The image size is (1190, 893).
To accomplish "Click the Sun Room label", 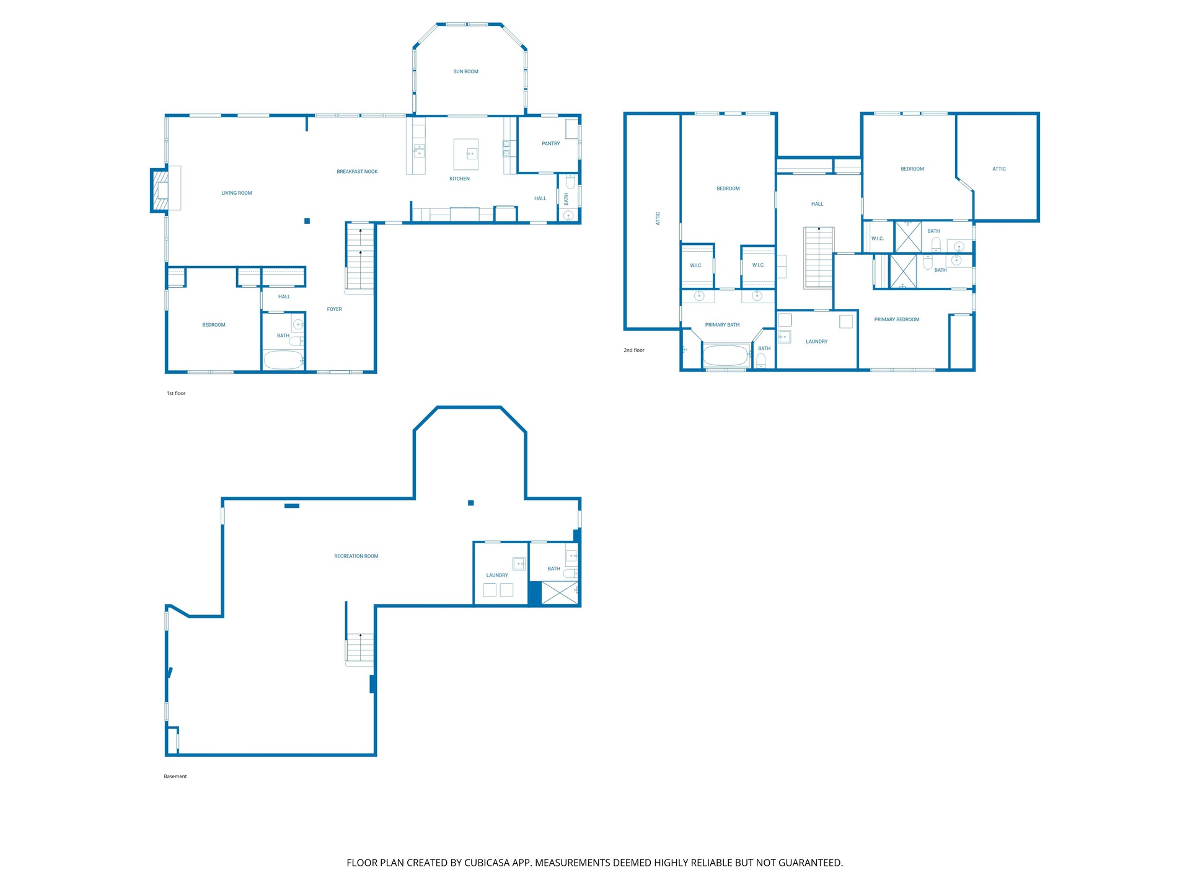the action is pos(465,72).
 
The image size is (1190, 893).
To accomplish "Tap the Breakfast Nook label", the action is pos(357,172).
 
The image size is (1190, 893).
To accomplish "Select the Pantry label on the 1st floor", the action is pos(550,144).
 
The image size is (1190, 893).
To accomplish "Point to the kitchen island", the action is pos(466,154).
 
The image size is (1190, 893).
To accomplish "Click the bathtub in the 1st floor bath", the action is pos(283,360).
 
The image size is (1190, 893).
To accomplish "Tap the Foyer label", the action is pos(334,309).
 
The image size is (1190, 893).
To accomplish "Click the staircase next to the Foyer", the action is pos(360,258).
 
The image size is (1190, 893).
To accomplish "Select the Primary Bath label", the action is pos(722,325).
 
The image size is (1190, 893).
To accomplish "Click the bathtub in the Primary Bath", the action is pos(725,356).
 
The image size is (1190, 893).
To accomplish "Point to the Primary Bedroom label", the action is pos(897,320).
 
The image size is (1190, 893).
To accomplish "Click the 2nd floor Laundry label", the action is pos(816,342).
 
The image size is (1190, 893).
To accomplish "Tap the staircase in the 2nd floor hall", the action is pos(819,257).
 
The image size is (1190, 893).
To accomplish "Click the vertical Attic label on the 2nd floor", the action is pos(658,218).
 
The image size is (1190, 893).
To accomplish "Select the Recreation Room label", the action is pos(356,556).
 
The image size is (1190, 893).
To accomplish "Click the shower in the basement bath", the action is pos(560,593).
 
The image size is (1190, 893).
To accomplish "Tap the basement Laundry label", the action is pos(497,575).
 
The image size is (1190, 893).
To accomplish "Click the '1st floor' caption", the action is pos(176,393).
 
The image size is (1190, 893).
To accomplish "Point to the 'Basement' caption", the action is pos(175,776).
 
